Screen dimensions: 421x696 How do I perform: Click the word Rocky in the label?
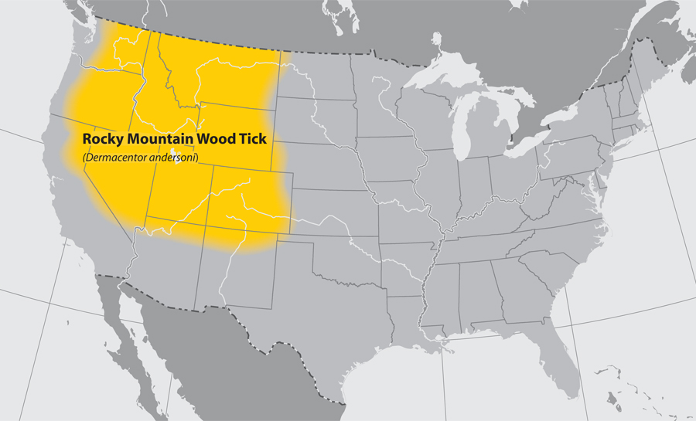pyautogui.click(x=101, y=140)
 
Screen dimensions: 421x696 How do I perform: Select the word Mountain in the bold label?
pyautogui.click(x=157, y=140)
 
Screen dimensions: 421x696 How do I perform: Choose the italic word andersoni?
pyautogui.click(x=174, y=158)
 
